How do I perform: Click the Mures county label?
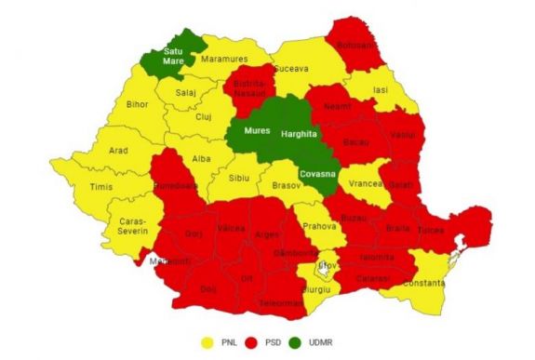257,132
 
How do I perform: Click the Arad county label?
92,149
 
